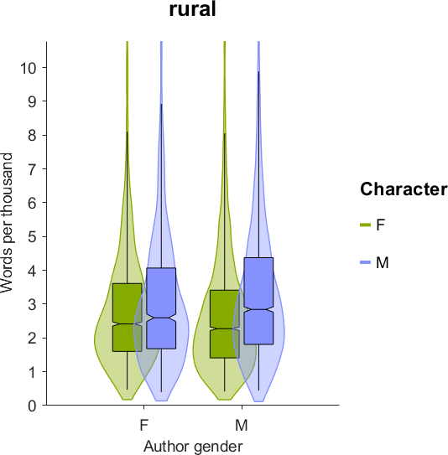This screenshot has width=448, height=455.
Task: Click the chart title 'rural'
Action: [x=193, y=9]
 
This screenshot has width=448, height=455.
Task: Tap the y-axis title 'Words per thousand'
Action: [x=7, y=223]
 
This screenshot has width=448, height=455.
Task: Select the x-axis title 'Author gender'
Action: [x=193, y=446]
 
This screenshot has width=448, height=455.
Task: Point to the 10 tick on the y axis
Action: [x=44, y=67]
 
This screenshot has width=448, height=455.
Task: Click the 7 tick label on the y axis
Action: [x=33, y=168]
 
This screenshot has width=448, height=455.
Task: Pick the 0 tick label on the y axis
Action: [x=33, y=406]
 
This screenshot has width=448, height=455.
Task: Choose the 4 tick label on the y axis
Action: [x=33, y=270]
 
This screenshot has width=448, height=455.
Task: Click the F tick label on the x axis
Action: [x=144, y=426]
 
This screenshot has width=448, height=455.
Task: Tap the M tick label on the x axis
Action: [x=242, y=426]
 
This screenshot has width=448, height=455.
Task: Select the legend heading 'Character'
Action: [x=404, y=189]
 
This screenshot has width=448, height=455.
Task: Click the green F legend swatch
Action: [x=366, y=225]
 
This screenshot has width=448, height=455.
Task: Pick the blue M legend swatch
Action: [x=366, y=262]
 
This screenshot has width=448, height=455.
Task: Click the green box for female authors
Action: [x=128, y=318]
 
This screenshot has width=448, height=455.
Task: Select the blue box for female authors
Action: [x=161, y=308]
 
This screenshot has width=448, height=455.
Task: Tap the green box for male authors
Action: [x=225, y=324]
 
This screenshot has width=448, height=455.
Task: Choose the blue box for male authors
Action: [x=259, y=301]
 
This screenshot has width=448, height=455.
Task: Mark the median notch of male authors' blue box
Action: [x=259, y=310]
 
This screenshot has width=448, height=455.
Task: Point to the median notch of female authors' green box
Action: [x=128, y=323]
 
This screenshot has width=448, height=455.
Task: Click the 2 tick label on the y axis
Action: [x=33, y=338]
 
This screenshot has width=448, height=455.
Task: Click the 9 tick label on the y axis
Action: [x=33, y=101]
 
